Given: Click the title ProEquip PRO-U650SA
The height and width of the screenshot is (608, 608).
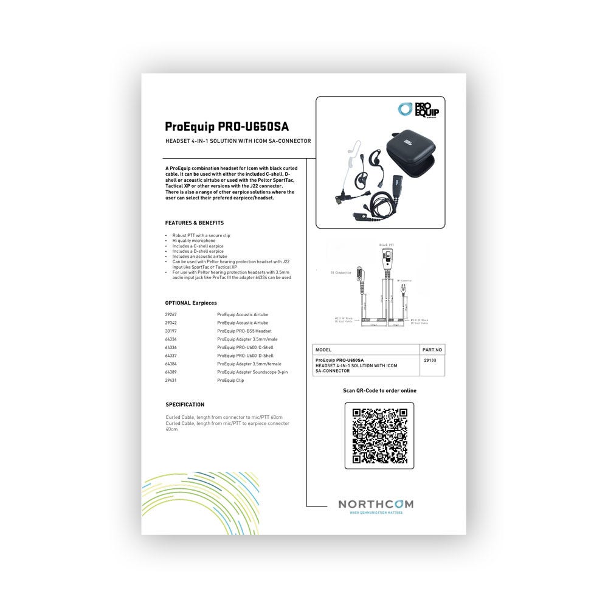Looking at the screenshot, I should click(x=226, y=127).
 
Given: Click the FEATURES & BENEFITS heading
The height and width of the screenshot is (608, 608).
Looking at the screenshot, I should click(x=195, y=223).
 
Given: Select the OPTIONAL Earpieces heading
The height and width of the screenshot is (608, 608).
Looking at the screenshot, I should click(x=191, y=303).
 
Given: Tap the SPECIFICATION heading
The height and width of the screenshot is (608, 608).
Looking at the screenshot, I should click(x=185, y=404).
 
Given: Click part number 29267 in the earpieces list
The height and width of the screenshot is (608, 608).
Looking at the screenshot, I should click(x=171, y=315).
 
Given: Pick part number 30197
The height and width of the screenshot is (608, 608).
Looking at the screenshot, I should click(x=171, y=331).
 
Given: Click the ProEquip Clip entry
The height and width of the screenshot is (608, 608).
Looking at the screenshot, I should click(x=230, y=380).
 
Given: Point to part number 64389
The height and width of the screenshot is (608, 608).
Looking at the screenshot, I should click(x=171, y=371).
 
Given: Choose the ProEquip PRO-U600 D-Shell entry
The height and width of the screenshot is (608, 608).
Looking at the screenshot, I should click(x=245, y=356).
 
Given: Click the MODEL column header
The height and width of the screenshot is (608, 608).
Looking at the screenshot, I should click(x=323, y=350).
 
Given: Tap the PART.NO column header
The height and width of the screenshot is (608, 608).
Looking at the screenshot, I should click(x=432, y=350).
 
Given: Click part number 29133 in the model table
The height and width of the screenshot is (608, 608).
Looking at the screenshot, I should click(x=429, y=360).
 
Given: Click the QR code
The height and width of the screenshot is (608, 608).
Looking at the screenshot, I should click(x=379, y=435).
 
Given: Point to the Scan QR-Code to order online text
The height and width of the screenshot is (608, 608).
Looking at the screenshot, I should click(x=379, y=391).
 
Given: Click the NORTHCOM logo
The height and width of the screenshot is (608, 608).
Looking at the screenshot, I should click(x=375, y=505).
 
